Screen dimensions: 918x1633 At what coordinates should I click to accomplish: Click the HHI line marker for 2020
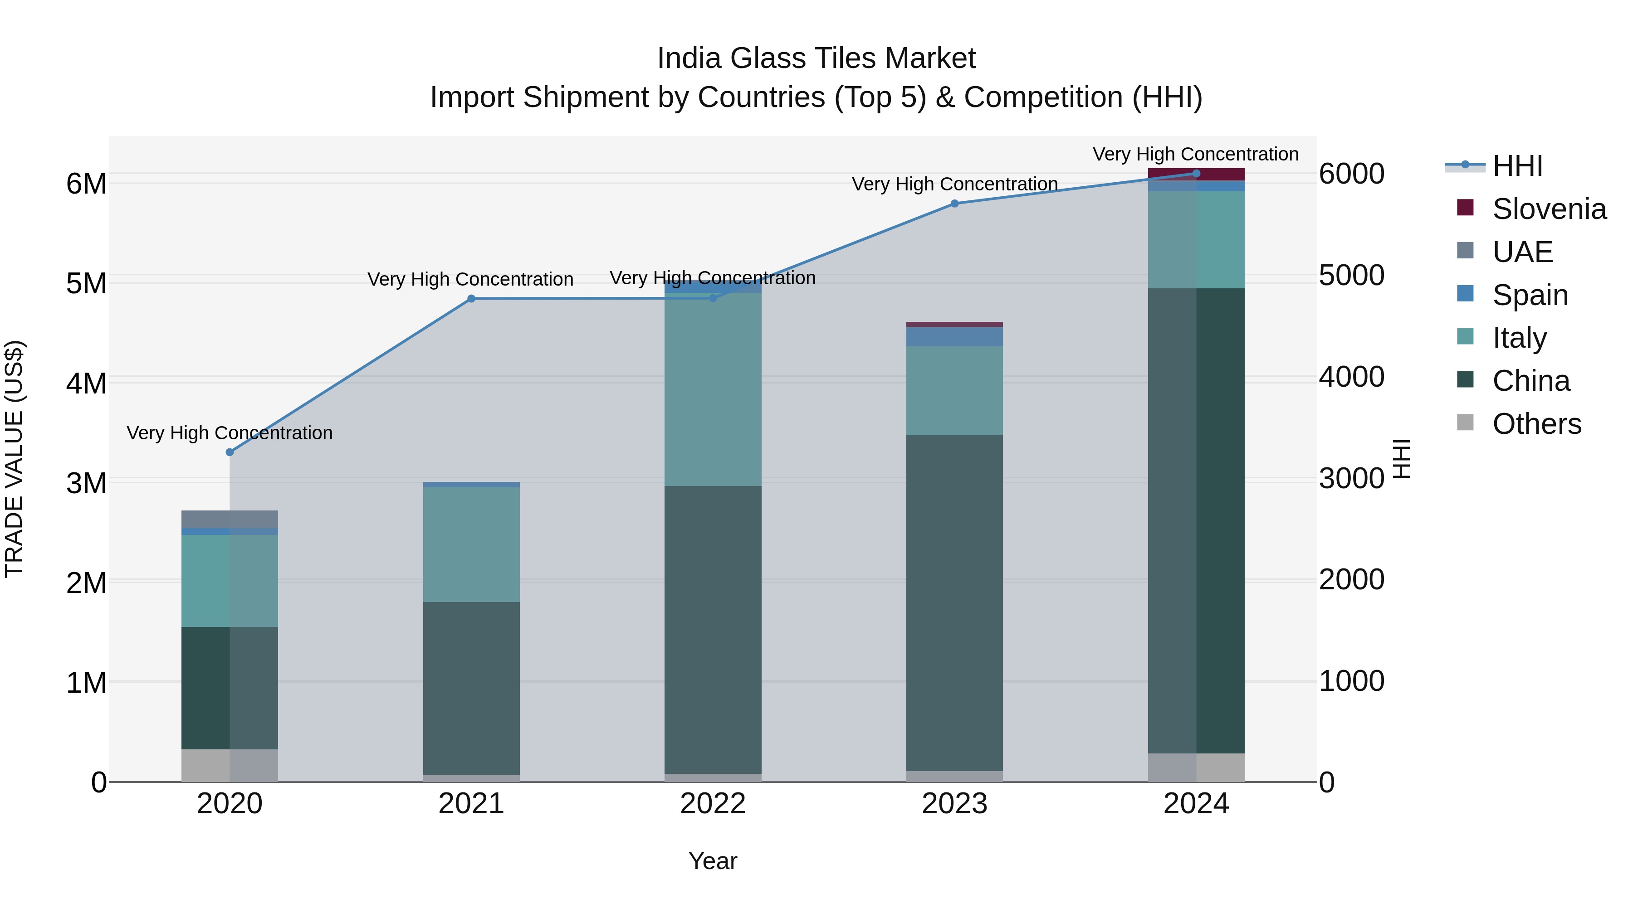click(230, 452)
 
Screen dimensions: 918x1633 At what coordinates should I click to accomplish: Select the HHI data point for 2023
click(955, 204)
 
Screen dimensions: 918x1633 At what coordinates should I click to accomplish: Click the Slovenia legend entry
click(1548, 209)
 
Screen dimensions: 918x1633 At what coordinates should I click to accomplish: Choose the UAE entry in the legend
click(1521, 252)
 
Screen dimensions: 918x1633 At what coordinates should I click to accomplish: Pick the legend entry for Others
click(1536, 424)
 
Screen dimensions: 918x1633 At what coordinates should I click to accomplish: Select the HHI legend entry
click(1516, 166)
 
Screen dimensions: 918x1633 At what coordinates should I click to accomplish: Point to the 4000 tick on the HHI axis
click(1352, 377)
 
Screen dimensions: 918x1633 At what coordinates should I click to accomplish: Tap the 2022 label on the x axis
click(713, 804)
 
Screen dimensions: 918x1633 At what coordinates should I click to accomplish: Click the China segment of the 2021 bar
click(471, 687)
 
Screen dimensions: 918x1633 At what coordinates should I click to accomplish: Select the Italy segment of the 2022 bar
click(713, 389)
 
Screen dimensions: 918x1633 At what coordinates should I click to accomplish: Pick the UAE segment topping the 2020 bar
click(230, 519)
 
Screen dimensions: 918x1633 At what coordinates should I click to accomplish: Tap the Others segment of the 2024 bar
click(1196, 767)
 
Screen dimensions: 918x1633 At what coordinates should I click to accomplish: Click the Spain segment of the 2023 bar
click(955, 336)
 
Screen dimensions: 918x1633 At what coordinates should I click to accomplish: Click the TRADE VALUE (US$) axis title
click(14, 459)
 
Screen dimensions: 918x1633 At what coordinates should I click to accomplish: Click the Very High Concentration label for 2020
click(230, 433)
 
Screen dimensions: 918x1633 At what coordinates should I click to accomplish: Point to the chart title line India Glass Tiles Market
click(816, 58)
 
